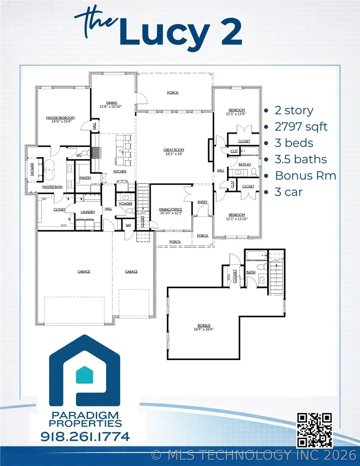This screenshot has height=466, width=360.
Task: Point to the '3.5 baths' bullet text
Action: pyautogui.click(x=300, y=159)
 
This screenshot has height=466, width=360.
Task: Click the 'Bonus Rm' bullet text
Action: pyautogui.click(x=305, y=176)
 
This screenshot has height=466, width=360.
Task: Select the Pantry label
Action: pyautogui.click(x=85, y=178)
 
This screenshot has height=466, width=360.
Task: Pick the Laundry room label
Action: pyautogui.click(x=88, y=212)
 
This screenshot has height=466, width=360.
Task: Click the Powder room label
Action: pyautogui.click(x=126, y=203)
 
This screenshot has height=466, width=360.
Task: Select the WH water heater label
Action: pyautogui.click(x=128, y=225)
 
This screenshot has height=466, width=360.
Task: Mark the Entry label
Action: pyautogui.click(x=202, y=202)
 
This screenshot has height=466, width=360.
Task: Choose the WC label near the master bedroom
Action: pyautogui.click(x=79, y=155)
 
